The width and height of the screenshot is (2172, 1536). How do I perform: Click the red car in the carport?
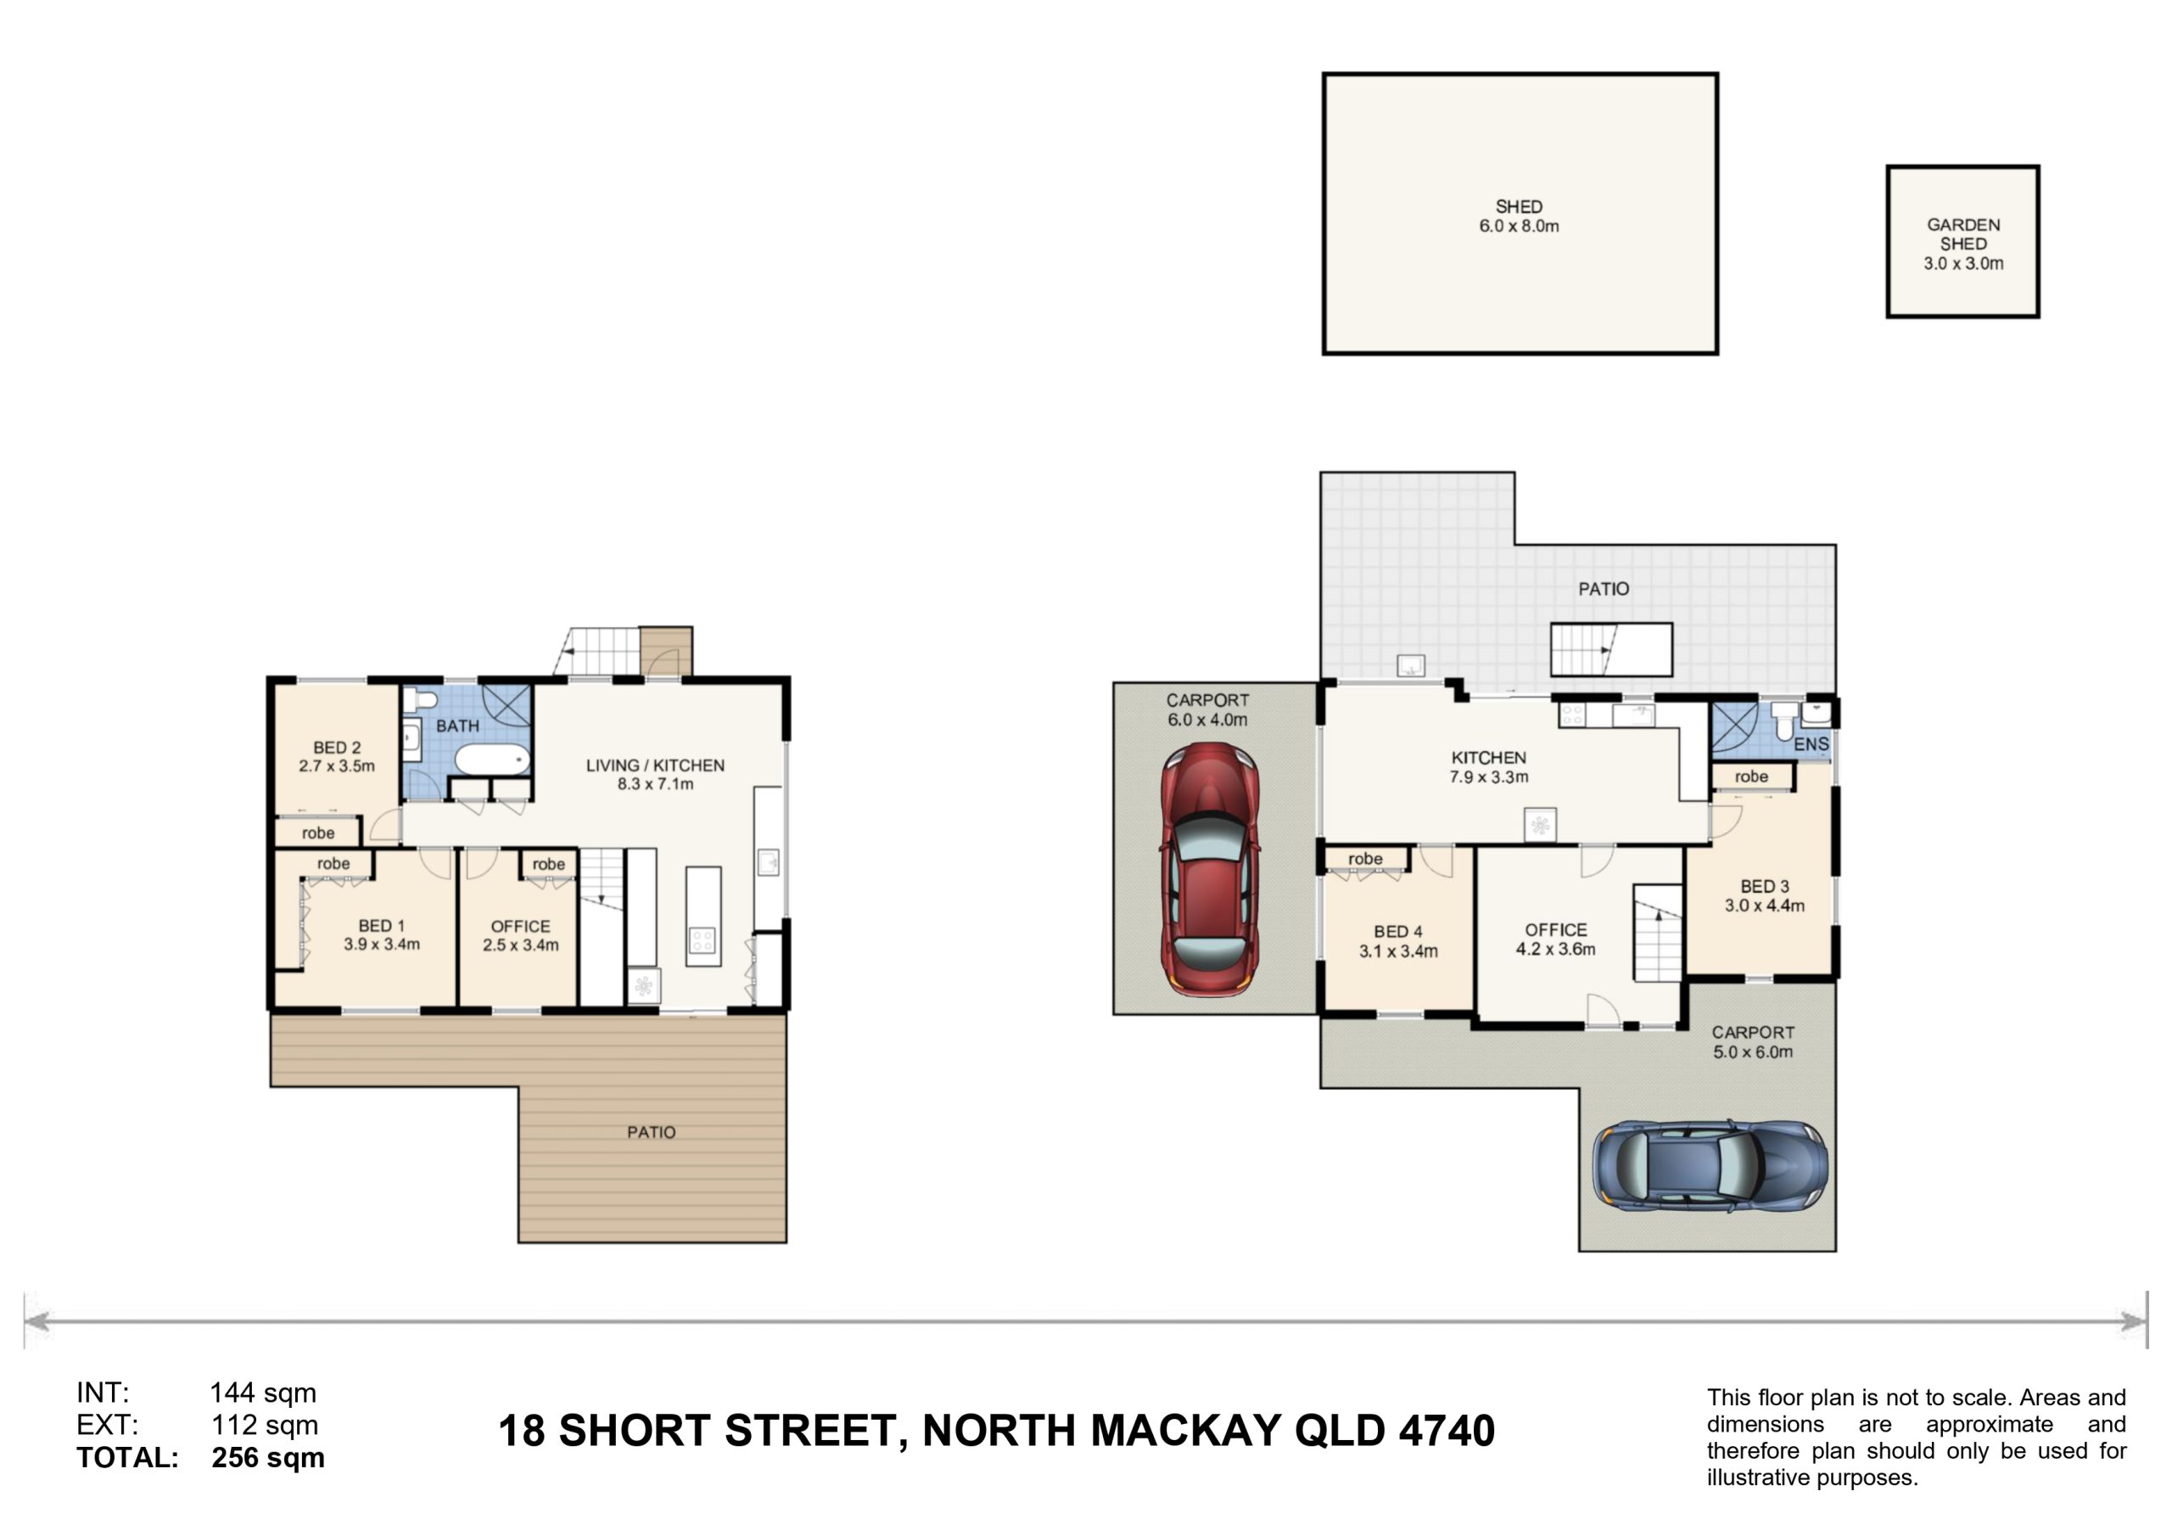[x=1210, y=869]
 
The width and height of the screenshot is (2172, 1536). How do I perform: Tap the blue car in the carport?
[x=1710, y=1166]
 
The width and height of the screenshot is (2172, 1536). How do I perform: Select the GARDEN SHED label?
[x=1963, y=233]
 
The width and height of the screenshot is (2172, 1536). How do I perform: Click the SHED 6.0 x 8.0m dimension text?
[x=1520, y=227]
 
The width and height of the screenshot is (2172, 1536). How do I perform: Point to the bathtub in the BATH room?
[x=492, y=759]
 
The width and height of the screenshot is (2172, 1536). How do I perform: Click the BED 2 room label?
[x=337, y=748]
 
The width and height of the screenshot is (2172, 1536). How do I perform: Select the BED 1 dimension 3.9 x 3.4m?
[x=381, y=945]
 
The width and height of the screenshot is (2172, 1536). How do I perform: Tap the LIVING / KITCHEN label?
[x=655, y=765]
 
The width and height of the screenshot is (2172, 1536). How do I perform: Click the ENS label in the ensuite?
[x=1811, y=745]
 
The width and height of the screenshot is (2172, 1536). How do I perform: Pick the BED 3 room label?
[x=1764, y=887]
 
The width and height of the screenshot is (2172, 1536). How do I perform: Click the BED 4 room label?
[x=1398, y=932]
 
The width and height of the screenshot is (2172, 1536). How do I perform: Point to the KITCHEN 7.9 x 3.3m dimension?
[x=1489, y=777]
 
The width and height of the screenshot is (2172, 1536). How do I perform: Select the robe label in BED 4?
[x=1365, y=859]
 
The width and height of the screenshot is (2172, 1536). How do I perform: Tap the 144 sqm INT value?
[x=263, y=1393]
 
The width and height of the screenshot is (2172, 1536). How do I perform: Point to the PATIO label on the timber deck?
[x=651, y=1133]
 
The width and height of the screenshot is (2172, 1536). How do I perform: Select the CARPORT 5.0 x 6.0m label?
[x=1753, y=1042]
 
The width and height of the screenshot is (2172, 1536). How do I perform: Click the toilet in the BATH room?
[x=420, y=700]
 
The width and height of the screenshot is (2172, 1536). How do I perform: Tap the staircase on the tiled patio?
[x=1610, y=649]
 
